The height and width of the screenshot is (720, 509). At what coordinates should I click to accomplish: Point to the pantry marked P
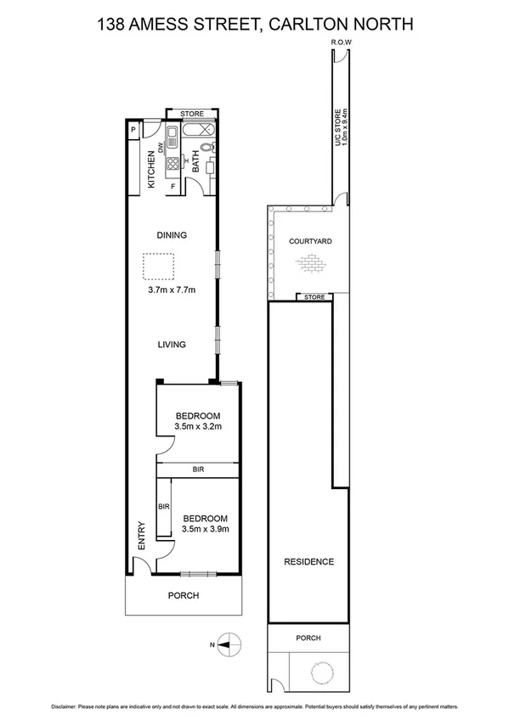coord(133,129)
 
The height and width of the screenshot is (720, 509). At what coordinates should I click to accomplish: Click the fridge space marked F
coord(173,186)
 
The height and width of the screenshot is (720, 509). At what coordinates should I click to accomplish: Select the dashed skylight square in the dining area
coord(157,267)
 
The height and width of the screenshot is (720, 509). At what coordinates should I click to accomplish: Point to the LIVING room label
coord(171,345)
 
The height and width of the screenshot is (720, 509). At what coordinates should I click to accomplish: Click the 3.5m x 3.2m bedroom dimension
coord(197,426)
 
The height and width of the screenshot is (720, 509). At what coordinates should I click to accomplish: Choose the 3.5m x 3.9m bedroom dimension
coord(205,528)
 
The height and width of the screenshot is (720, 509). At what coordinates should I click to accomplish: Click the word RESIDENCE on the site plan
coord(308,561)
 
